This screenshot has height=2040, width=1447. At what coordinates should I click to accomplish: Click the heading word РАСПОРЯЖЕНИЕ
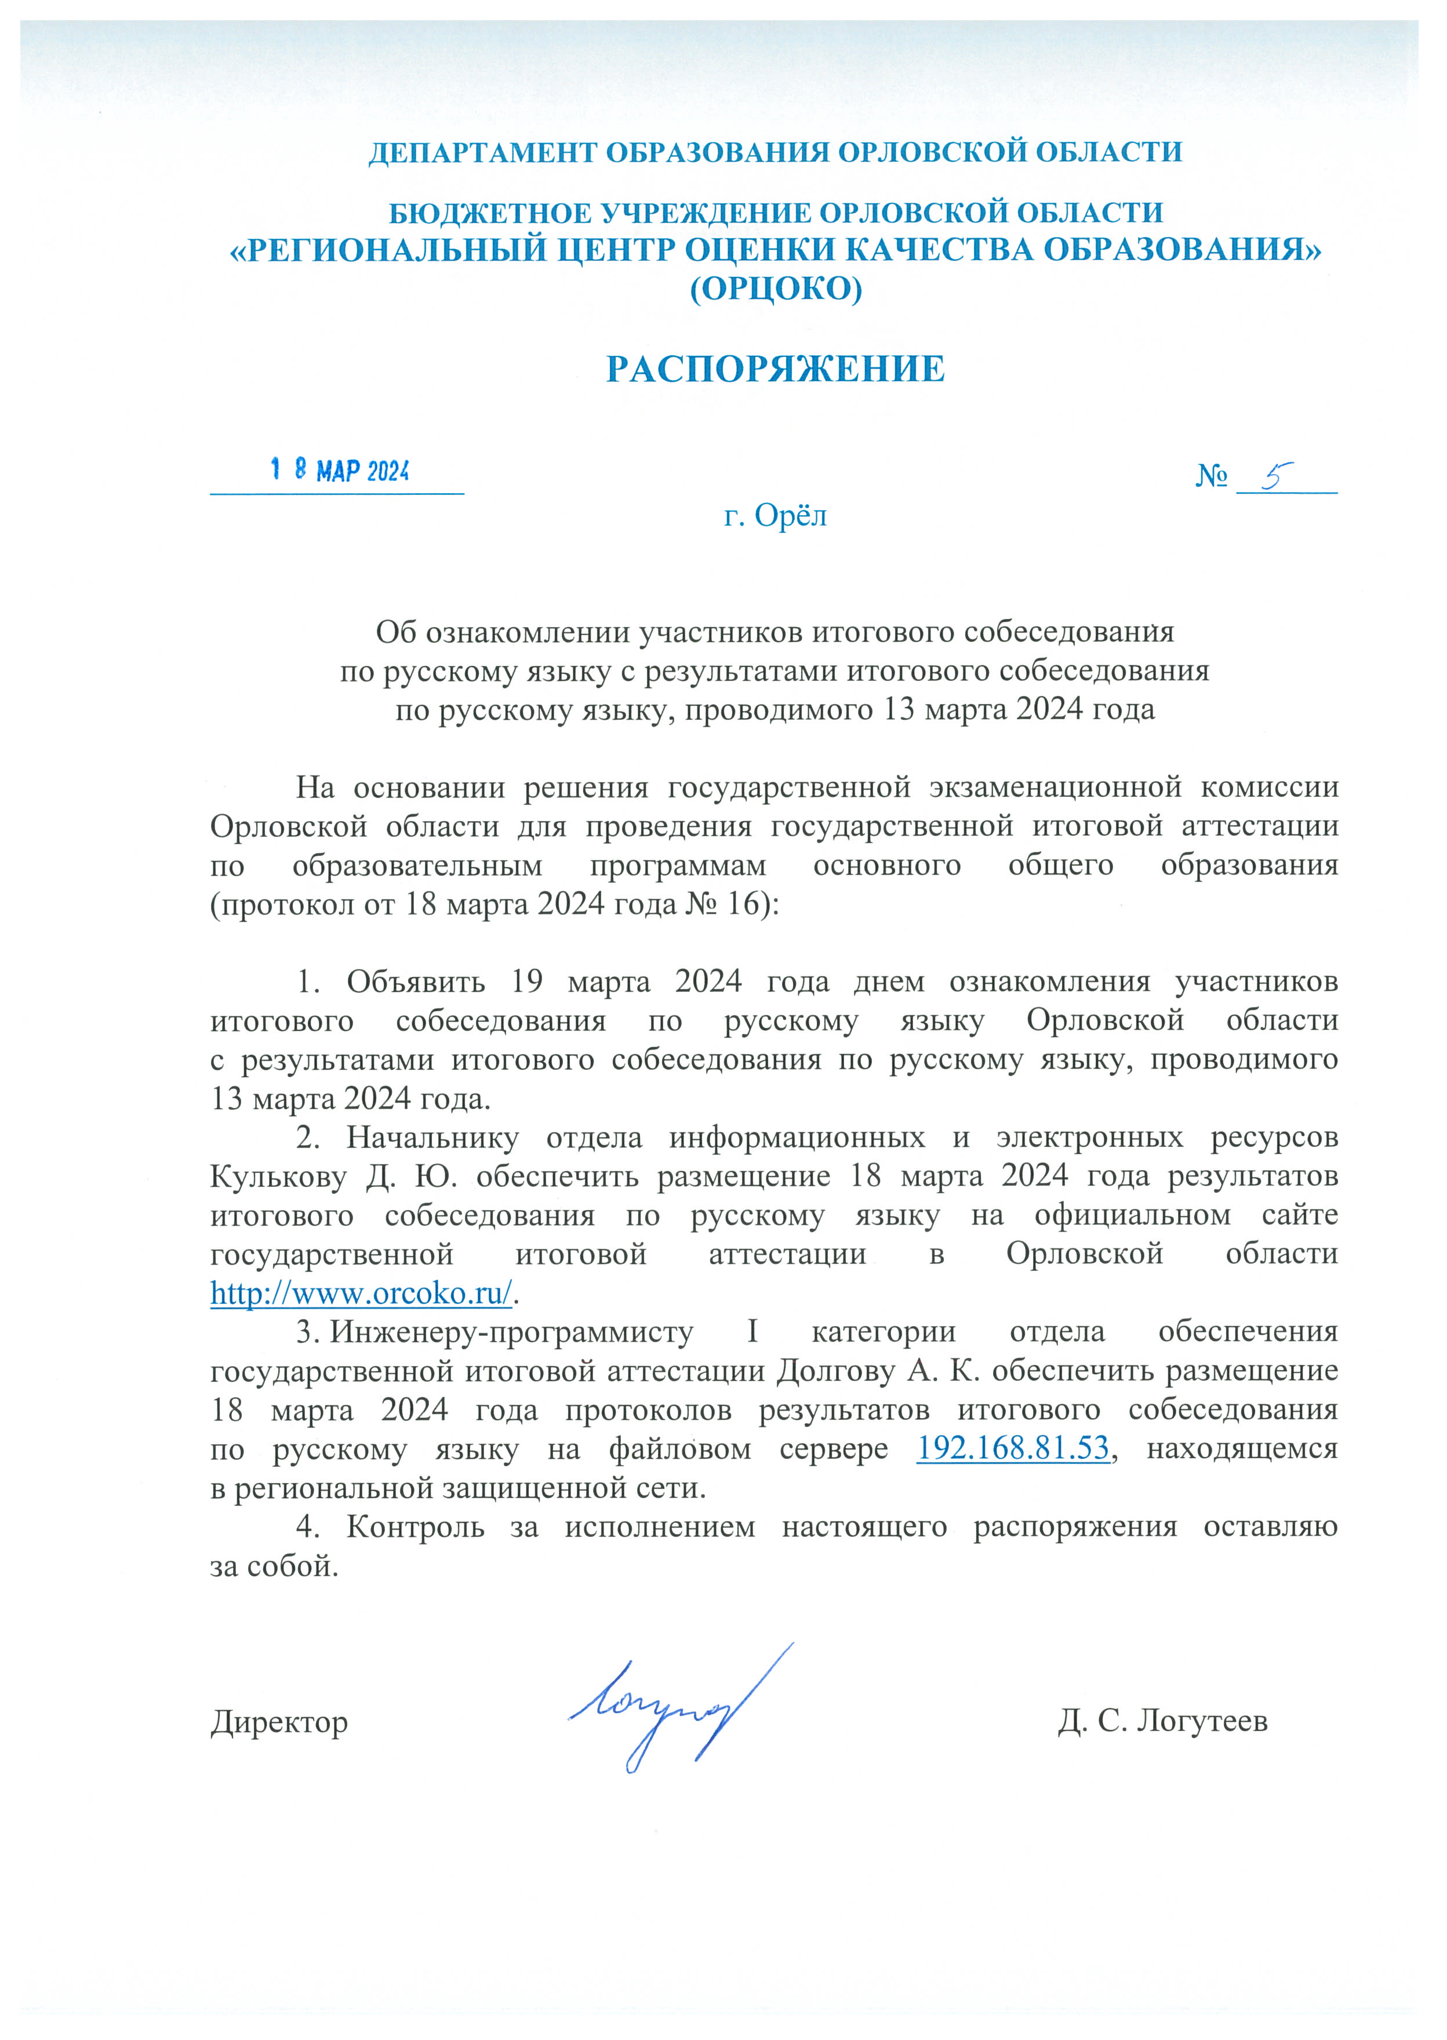(775, 369)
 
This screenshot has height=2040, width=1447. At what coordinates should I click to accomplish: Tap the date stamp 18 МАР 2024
(340, 471)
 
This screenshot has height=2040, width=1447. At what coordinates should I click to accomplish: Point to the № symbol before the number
(1211, 476)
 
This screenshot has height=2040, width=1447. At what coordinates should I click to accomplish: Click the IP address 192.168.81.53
(1013, 1448)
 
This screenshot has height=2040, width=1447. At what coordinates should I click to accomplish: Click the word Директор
(279, 1722)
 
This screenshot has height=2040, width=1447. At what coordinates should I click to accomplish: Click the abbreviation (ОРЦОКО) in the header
(776, 289)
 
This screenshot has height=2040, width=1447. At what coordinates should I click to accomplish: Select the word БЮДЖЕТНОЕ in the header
(490, 214)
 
